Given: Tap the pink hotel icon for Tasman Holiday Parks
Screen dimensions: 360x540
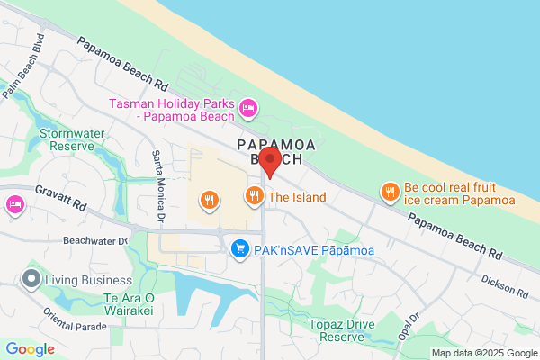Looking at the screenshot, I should pos(249,110).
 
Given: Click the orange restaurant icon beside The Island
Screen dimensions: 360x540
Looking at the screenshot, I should pos(255,195).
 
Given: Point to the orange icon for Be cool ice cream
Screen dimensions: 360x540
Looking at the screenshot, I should pos(390,192).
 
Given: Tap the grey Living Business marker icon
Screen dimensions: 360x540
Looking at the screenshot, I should pos(32,280).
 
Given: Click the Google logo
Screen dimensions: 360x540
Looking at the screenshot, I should pos(31,349).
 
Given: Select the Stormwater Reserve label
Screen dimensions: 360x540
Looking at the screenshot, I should pos(67,139).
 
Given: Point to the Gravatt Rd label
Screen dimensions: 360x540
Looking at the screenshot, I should pos(61,198).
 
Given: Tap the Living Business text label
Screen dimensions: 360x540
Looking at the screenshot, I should pos(88,280).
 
